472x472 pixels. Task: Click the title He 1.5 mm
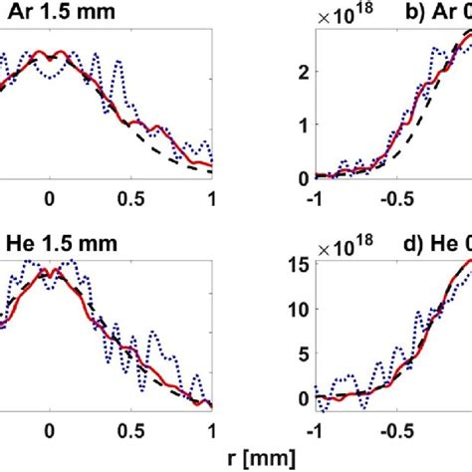tap(54, 244)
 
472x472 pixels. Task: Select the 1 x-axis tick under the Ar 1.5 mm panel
tap(209, 197)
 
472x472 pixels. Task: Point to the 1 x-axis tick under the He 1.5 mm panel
tap(209, 423)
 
